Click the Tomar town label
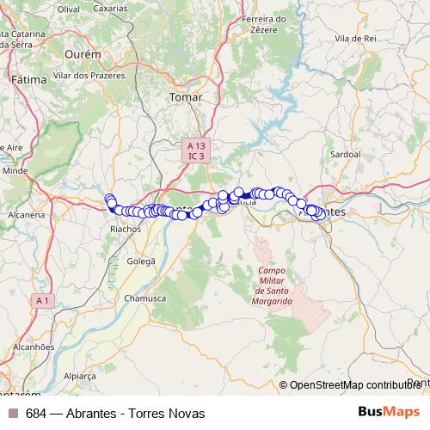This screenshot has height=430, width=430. point(187,97)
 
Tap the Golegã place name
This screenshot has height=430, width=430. point(141,261)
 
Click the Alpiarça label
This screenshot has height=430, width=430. point(80,376)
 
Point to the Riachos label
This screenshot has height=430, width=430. point(127,230)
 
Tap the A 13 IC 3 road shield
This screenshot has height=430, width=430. point(196,151)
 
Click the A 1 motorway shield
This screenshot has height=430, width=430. point(43,300)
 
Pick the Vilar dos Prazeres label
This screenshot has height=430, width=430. point(89,75)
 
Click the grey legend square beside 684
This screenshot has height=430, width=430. point(13,413)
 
